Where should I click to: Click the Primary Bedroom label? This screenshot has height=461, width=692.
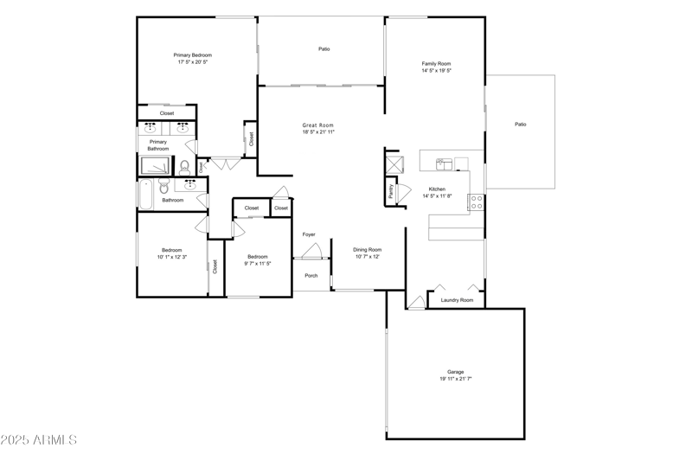[x=193, y=55]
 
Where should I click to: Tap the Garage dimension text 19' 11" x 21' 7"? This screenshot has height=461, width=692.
[x=455, y=379]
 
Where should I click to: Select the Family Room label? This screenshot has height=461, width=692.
[x=436, y=63]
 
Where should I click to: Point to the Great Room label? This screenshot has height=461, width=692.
[x=317, y=125]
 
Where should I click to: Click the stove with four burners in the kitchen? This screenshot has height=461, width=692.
[x=476, y=202]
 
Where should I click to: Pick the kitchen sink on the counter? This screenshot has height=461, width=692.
[x=444, y=162]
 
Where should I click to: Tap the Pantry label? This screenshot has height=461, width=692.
[x=391, y=191]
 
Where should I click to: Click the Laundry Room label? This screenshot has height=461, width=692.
[x=457, y=300]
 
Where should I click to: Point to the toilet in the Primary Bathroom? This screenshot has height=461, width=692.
[x=184, y=167]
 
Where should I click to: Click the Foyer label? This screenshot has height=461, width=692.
[x=309, y=234]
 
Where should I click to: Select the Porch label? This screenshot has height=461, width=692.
[x=311, y=276]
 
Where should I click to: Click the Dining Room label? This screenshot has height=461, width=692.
[x=367, y=250]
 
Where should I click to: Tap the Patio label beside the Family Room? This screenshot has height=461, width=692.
[x=520, y=125]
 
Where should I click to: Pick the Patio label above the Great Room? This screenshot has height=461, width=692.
[x=324, y=49]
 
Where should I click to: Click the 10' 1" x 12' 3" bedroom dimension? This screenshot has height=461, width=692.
[x=172, y=257]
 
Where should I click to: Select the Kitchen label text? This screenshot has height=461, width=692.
[x=437, y=189]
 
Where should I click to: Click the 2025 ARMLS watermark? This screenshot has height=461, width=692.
[x=40, y=440]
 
